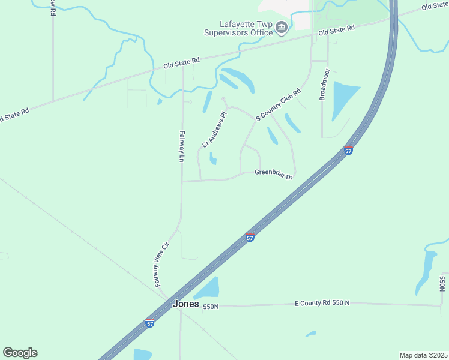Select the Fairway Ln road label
click(181, 147)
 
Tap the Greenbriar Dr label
click(273, 174)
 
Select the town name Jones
click(185, 304)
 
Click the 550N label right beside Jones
click(211, 307)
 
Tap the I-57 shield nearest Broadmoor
click(348, 151)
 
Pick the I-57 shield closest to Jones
click(150, 324)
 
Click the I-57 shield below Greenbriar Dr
click(250, 238)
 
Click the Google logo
click(20, 353)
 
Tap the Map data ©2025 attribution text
click(423, 355)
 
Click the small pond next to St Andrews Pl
click(212, 159)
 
